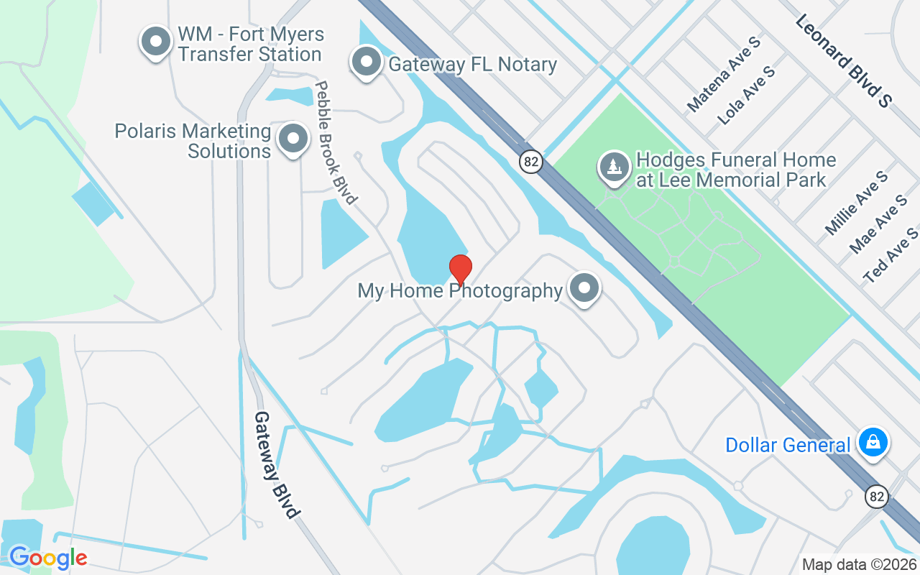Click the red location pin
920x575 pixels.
click(460, 270)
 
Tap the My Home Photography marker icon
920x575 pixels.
click(584, 288)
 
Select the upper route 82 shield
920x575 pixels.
click(530, 162)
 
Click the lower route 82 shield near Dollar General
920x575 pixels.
click(877, 496)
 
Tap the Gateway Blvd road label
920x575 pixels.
click(276, 464)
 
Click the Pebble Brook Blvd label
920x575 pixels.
click(336, 142)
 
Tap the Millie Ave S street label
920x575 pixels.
click(856, 203)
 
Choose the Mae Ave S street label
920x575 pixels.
click(878, 224)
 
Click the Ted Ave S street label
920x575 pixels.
click(891, 254)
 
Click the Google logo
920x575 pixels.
click(48, 557)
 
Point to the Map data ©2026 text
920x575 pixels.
click(859, 564)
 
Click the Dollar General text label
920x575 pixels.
click(787, 445)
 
